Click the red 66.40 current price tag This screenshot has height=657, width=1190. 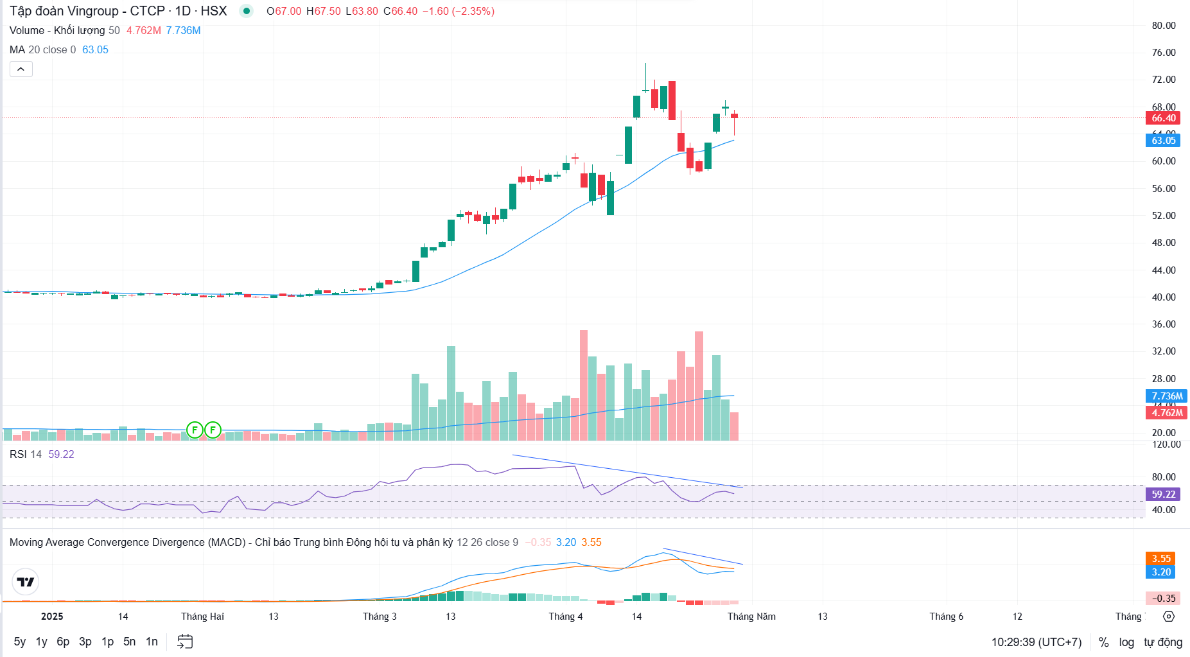tap(1163, 118)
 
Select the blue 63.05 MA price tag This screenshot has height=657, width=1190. tap(1163, 141)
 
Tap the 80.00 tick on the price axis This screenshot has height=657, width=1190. tap(1163, 26)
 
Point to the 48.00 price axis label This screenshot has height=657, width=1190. tap(1163, 243)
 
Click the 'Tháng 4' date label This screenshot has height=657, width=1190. tap(565, 617)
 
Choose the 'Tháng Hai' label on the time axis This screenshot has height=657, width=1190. tap(202, 617)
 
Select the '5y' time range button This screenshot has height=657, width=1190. tap(20, 642)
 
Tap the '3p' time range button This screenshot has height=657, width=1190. tap(85, 642)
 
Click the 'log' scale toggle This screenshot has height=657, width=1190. tap(1126, 642)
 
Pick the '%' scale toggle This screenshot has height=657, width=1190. tap(1103, 642)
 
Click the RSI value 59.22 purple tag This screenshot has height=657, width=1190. tap(1163, 495)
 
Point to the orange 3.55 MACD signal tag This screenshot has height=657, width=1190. tap(1160, 559)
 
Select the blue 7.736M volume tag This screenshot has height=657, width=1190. tap(1166, 396)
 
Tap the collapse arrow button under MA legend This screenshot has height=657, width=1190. tap(21, 69)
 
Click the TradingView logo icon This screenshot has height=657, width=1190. tap(26, 582)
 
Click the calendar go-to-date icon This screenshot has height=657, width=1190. tap(185, 642)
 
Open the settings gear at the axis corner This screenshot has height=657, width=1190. tap(1169, 617)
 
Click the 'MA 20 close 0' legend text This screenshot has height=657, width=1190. tap(42, 50)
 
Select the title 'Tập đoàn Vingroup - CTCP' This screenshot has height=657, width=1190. tap(87, 11)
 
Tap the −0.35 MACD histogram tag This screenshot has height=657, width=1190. tap(1163, 599)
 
